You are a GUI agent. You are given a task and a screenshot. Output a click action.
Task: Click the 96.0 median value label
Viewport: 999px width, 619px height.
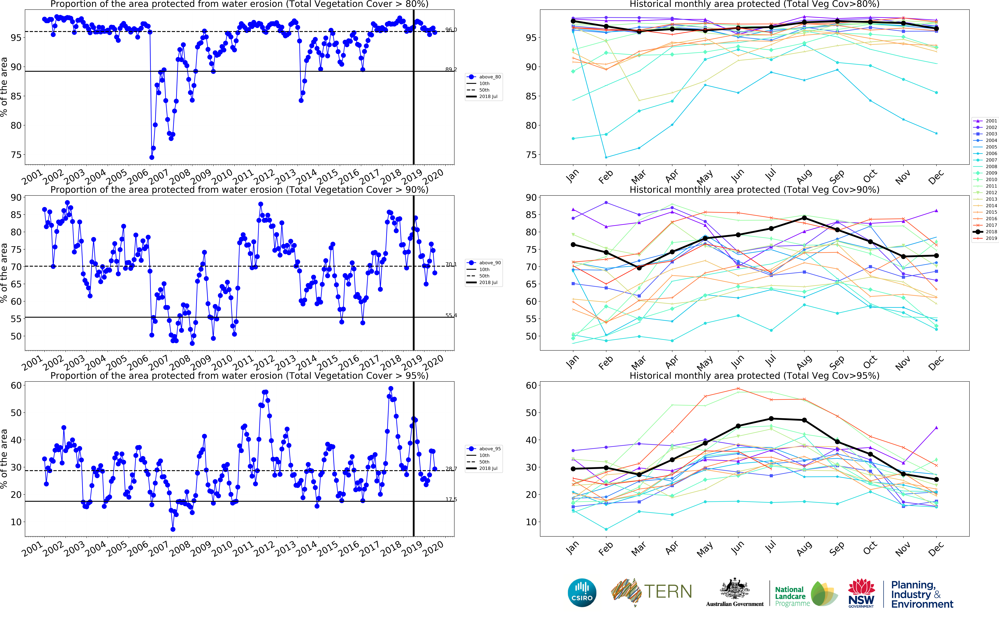click(x=451, y=30)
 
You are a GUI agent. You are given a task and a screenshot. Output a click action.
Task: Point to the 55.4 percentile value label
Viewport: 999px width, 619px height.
click(x=451, y=315)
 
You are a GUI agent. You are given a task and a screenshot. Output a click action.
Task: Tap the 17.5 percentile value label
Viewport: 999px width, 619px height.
click(x=451, y=499)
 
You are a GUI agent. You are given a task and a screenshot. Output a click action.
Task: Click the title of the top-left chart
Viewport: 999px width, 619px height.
click(x=239, y=4)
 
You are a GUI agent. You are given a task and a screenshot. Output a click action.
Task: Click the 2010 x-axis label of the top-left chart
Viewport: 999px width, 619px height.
click(x=222, y=177)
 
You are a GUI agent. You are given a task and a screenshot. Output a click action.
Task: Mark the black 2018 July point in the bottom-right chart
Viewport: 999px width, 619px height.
click(x=771, y=418)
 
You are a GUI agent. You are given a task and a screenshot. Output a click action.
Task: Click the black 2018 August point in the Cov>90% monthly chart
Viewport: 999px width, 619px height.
click(x=804, y=218)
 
